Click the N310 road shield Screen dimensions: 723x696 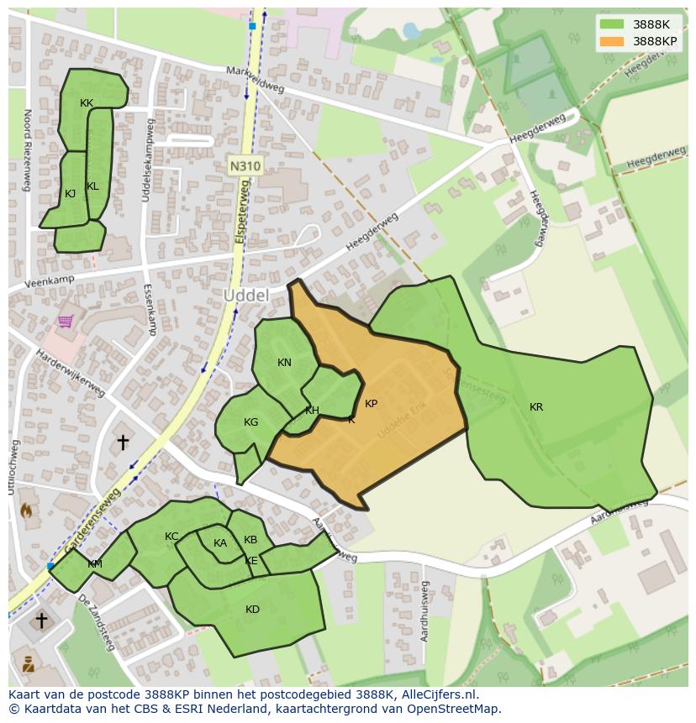point(245,166)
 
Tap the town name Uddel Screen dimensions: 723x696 point(246,296)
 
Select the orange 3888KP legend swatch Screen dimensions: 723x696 point(612,41)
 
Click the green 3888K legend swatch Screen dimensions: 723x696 point(612,24)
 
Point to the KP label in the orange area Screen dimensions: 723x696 point(371,404)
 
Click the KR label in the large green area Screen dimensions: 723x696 point(536,407)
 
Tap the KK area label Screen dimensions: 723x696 point(87,103)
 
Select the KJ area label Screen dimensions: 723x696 point(71,194)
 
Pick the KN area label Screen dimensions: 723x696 point(284,363)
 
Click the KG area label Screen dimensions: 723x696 point(250,422)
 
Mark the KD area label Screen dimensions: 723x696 point(252,610)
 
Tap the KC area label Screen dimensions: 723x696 point(171,537)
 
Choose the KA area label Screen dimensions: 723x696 point(220,543)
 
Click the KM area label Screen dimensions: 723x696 point(95,564)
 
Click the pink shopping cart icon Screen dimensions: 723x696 point(66,321)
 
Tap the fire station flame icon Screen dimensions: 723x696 point(26,510)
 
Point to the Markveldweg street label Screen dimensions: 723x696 point(256,80)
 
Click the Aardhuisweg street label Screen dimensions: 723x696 point(425,610)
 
